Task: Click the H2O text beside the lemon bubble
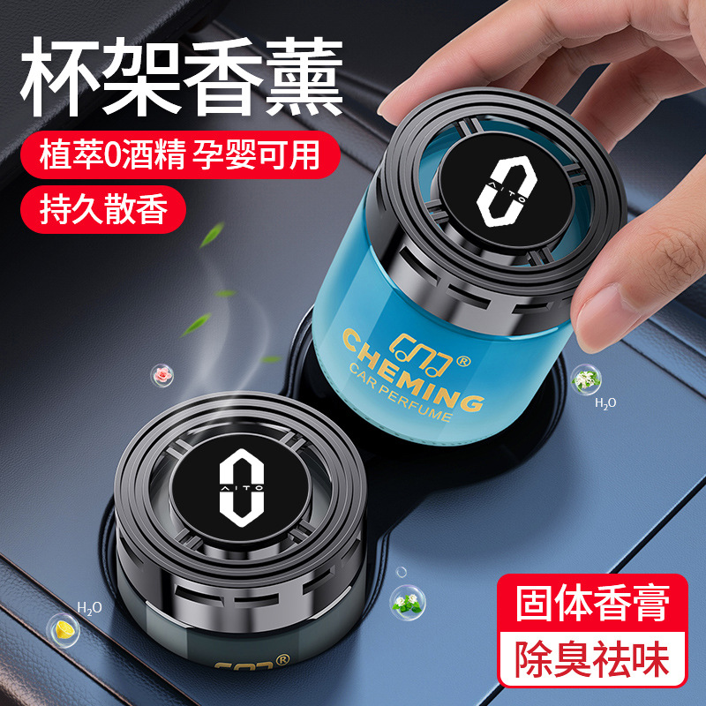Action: (89, 608)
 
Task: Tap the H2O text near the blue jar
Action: (605, 403)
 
